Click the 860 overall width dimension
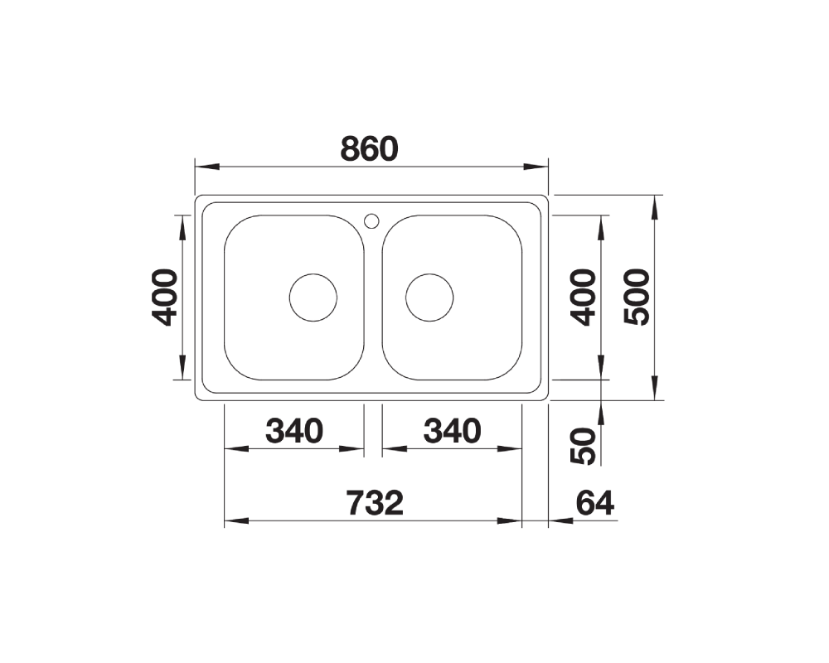coord(369,149)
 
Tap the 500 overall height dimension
coord(636,298)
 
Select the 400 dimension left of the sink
coord(164,298)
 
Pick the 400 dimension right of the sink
coord(583,298)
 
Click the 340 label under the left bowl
coord(294,431)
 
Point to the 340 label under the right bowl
coord(452,431)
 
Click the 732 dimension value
coord(375,503)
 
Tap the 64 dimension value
coord(594,503)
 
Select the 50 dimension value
coord(583,446)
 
